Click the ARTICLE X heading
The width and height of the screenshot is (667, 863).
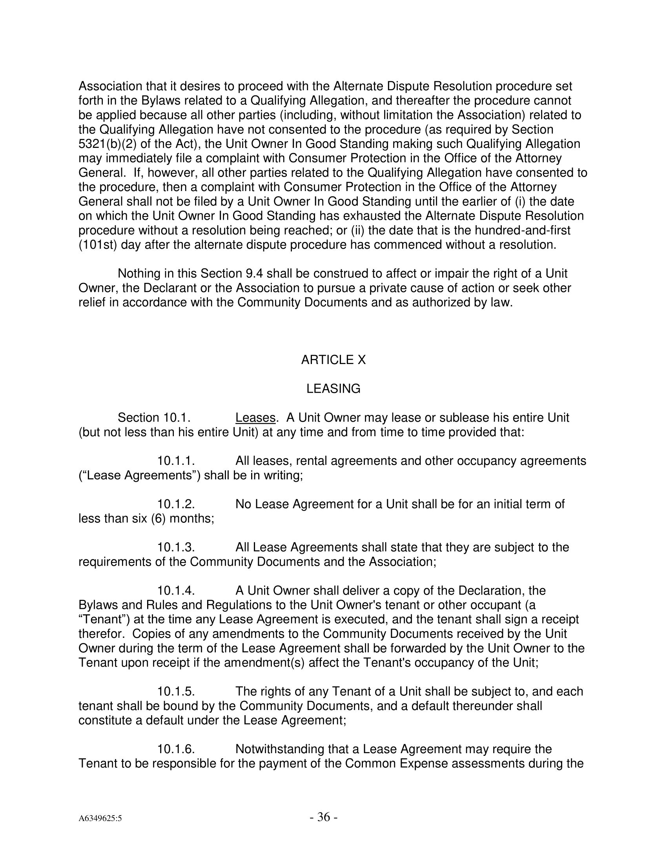pos(333,360)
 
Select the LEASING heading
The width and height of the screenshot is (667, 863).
pos(333,389)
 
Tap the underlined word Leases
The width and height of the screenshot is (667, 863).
pos(255,418)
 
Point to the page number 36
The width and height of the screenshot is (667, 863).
pos(324,817)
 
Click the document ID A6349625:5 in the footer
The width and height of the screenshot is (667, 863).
pos(100,818)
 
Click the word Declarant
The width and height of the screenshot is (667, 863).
pos(151,288)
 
